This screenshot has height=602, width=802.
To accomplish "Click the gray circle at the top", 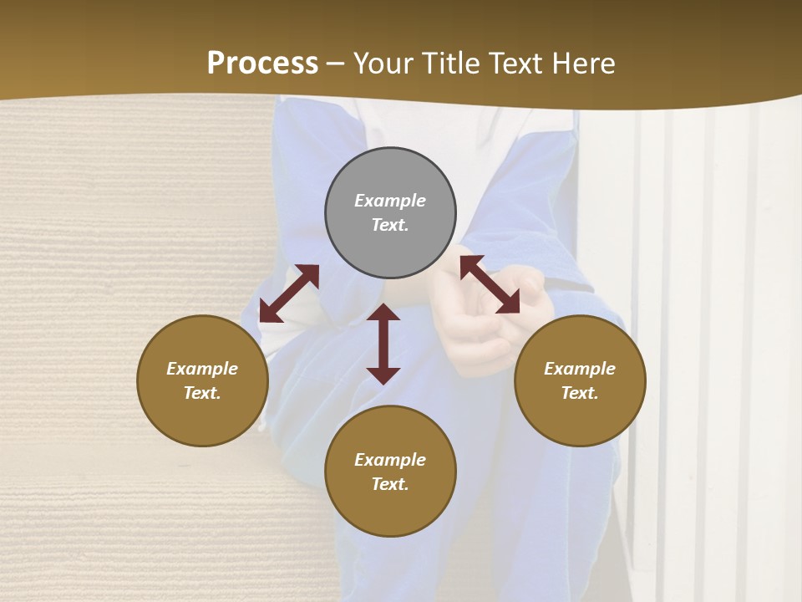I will click(390, 213).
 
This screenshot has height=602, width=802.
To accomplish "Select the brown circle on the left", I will click(202, 380).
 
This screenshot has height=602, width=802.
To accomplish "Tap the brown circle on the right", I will click(580, 380).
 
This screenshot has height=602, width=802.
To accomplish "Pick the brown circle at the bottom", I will click(390, 472).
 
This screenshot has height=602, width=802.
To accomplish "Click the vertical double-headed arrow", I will click(383, 344).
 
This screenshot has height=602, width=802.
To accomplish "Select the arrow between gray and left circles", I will click(289, 293).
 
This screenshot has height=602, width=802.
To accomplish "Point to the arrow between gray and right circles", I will click(490, 284).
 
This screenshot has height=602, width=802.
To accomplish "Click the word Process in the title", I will click(262, 64).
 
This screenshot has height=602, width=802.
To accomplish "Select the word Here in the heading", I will click(584, 64).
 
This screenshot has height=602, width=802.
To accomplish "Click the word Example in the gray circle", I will click(390, 201).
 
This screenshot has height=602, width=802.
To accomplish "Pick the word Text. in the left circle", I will click(202, 393).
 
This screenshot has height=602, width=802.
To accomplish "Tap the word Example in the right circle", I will click(580, 369).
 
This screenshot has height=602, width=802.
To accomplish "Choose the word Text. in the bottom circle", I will click(390, 484).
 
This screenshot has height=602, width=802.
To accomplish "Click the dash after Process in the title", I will click(335, 64).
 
